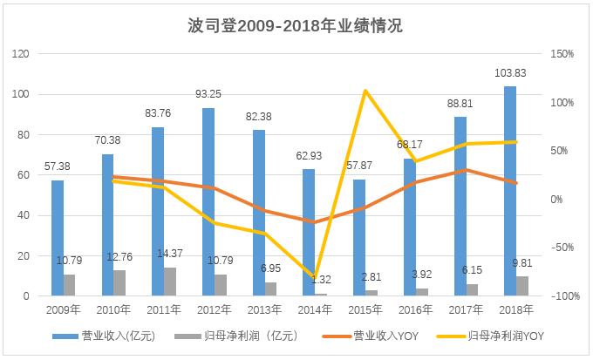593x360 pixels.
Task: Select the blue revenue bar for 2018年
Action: pyautogui.click(x=510, y=192)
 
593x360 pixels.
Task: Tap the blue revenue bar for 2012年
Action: pyautogui.click(x=208, y=202)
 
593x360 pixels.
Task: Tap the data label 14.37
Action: pyautogui.click(x=169, y=254)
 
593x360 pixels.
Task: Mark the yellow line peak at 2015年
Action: pyautogui.click(x=365, y=91)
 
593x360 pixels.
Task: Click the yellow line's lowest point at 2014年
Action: pyautogui.click(x=316, y=277)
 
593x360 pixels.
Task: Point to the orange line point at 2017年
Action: pyautogui.click(x=467, y=170)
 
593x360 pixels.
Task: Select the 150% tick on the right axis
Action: pyautogui.click(x=563, y=54)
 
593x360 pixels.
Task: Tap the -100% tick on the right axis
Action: pyautogui.click(x=563, y=296)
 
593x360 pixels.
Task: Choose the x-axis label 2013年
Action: pyautogui.click(x=264, y=309)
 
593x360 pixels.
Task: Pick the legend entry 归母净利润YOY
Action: pyautogui.click(x=501, y=335)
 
